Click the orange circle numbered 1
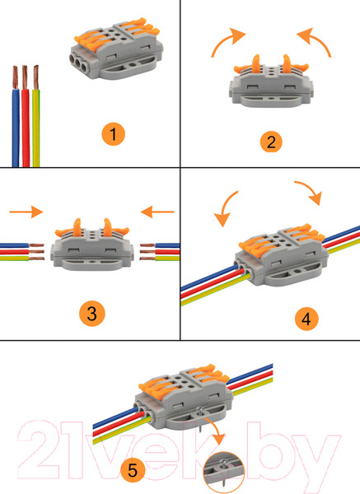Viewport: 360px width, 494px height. click(x=113, y=134)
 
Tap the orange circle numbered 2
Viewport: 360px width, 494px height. click(x=271, y=142)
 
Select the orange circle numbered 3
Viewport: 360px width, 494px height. click(x=91, y=314)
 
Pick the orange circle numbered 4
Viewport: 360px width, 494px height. click(x=306, y=319)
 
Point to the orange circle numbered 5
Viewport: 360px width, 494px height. click(x=133, y=470)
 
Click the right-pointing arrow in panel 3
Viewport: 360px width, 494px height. click(x=26, y=212)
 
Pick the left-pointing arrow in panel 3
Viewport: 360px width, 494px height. click(x=157, y=212)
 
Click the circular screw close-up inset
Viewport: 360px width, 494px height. click(x=224, y=472)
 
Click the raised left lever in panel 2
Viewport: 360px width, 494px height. click(x=255, y=64)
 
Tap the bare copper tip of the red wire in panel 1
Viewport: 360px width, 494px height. click(x=25, y=77)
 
